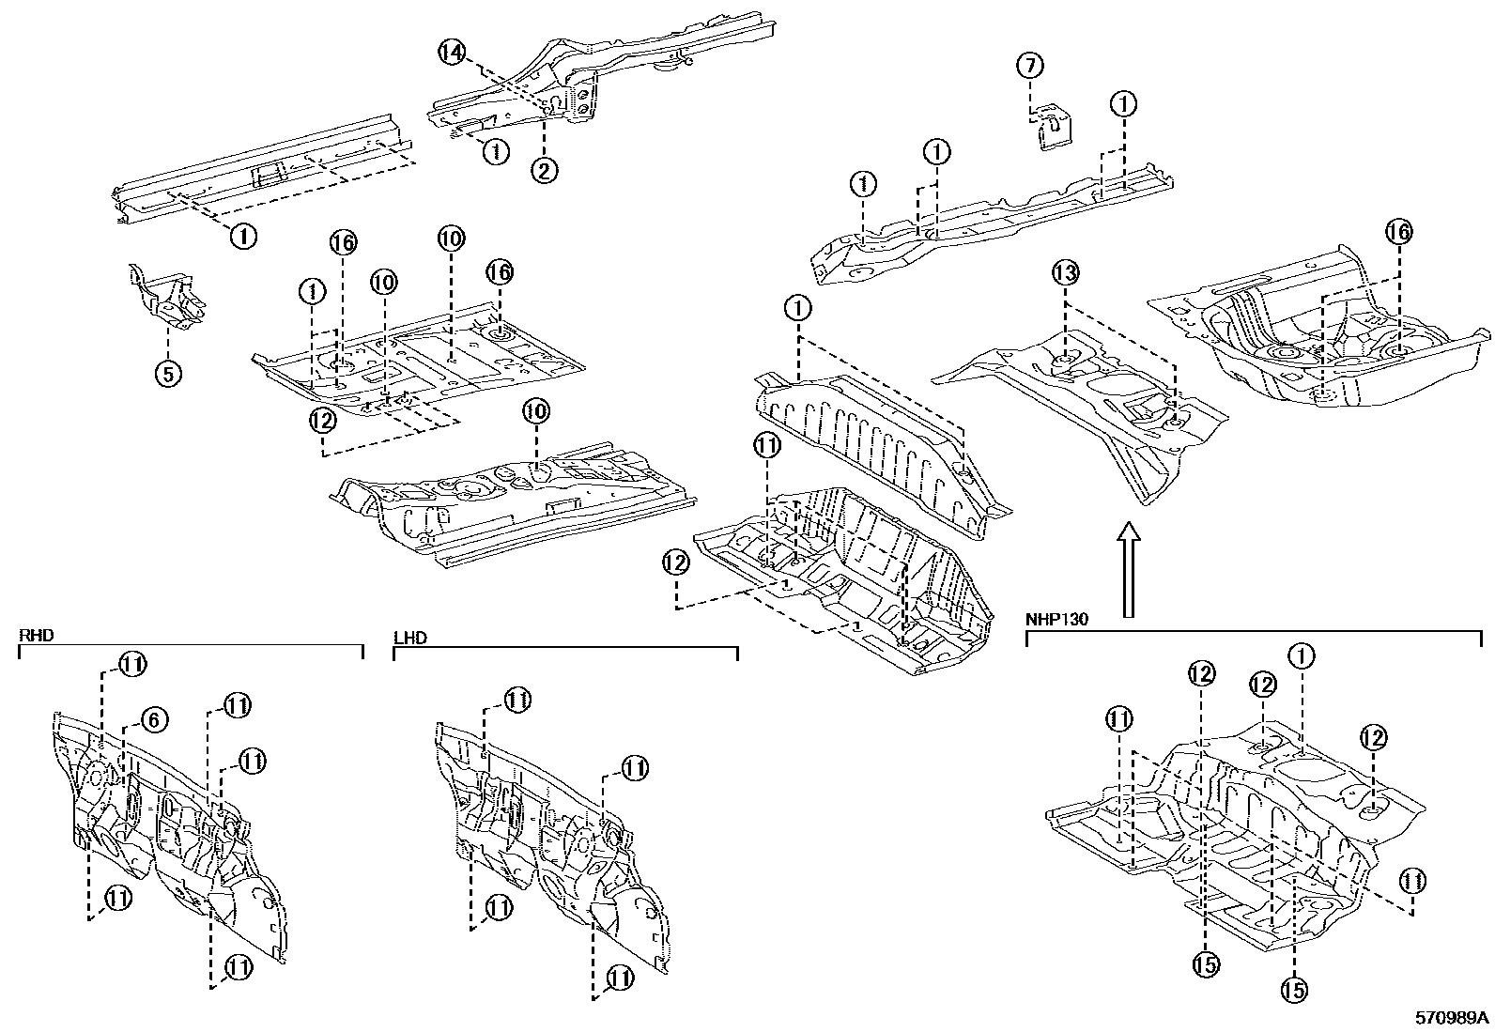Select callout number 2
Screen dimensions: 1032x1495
(x=545, y=170)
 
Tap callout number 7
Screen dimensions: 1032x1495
(x=1030, y=66)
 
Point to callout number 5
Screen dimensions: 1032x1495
(x=167, y=374)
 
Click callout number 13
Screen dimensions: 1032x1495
(x=1065, y=273)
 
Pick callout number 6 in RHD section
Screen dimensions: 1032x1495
(x=155, y=719)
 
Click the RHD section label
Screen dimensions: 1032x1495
(x=37, y=636)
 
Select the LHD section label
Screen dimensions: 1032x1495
(x=410, y=639)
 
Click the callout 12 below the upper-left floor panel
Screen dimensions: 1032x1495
(x=322, y=421)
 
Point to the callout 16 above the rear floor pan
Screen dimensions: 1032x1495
(x=1399, y=232)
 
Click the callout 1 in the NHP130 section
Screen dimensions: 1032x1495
(x=1302, y=655)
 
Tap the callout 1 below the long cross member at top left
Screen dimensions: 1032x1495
(x=242, y=235)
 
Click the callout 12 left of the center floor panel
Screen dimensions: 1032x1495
(x=675, y=563)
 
